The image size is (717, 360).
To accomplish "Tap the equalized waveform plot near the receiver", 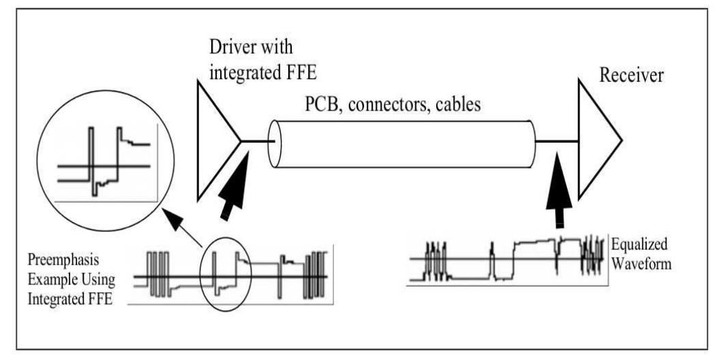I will coord(508,258).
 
